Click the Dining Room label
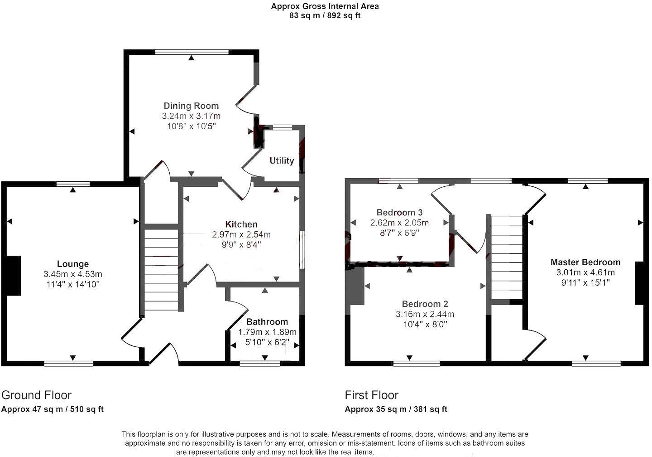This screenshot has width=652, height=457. (191, 106)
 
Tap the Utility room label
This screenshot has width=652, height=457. (282, 160)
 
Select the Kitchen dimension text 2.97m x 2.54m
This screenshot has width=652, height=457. (241, 234)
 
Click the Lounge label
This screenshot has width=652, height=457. (73, 264)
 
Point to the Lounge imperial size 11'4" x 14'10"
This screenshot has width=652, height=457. (73, 284)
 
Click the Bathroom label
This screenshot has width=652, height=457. (267, 321)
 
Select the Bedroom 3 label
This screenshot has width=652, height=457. (399, 212)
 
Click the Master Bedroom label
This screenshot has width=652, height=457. (585, 262)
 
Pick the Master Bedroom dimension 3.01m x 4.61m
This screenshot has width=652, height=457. (585, 272)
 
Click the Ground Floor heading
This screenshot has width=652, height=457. (36, 395)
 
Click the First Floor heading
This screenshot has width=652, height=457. (371, 395)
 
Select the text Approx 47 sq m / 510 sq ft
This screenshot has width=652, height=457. (53, 409)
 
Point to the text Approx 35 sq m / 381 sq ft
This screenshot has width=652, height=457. (396, 409)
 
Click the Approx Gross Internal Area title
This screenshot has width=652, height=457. (325, 6)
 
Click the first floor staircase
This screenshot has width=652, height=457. (507, 258)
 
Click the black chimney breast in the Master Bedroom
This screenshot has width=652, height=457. (639, 283)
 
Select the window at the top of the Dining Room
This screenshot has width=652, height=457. (192, 52)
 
